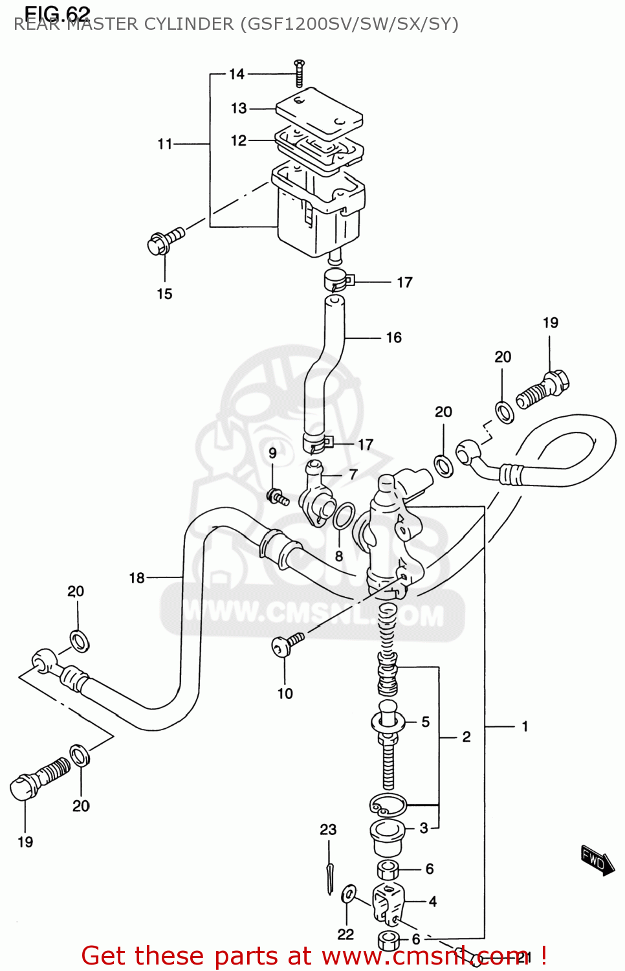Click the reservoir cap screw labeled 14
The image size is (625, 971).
click(299, 73)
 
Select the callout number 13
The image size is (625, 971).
click(239, 108)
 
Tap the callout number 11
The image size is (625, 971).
click(165, 144)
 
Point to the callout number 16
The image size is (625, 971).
click(393, 337)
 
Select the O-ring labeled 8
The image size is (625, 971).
click(344, 516)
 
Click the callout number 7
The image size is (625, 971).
click(353, 474)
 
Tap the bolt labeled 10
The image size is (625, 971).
click(287, 644)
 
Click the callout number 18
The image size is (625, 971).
click(137, 577)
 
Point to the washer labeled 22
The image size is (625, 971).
click(347, 894)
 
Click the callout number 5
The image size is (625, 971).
click(425, 721)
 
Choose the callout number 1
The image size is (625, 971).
click(525, 726)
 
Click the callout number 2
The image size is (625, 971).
click(466, 737)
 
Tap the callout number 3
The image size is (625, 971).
click(424, 827)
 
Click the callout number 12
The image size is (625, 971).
click(239, 140)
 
